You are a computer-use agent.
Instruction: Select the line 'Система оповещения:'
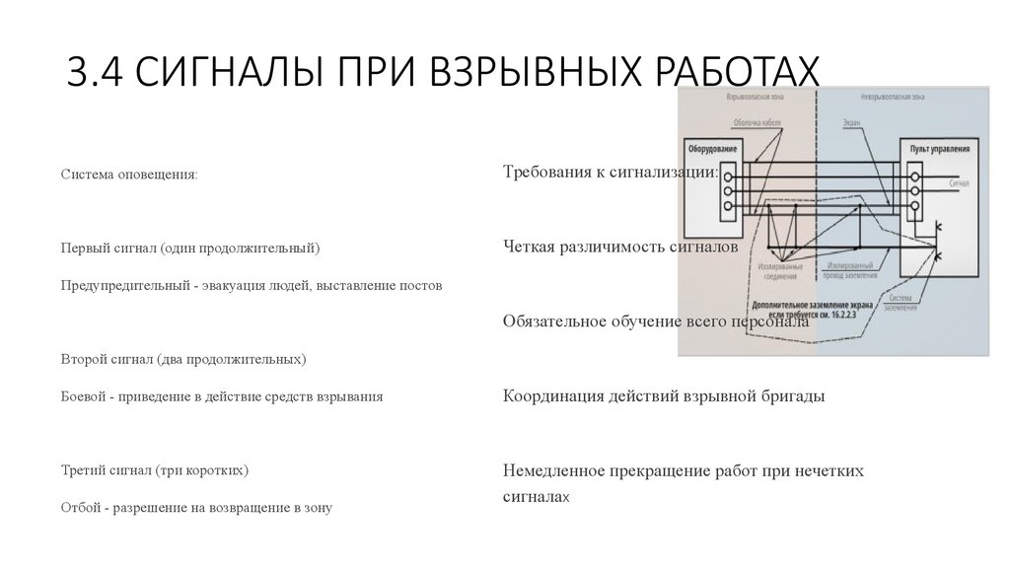click(x=128, y=175)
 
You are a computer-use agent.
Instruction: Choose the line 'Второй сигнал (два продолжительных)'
click(x=183, y=359)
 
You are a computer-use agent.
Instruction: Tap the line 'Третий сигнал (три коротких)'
click(x=155, y=469)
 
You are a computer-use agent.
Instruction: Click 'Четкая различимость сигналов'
click(x=620, y=247)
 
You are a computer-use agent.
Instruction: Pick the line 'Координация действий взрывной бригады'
click(x=664, y=395)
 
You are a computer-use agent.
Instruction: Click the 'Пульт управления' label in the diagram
click(x=941, y=148)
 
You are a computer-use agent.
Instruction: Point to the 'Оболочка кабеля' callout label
click(x=757, y=123)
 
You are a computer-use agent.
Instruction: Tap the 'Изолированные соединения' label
click(x=780, y=271)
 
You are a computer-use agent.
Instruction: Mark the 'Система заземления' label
click(x=905, y=303)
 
